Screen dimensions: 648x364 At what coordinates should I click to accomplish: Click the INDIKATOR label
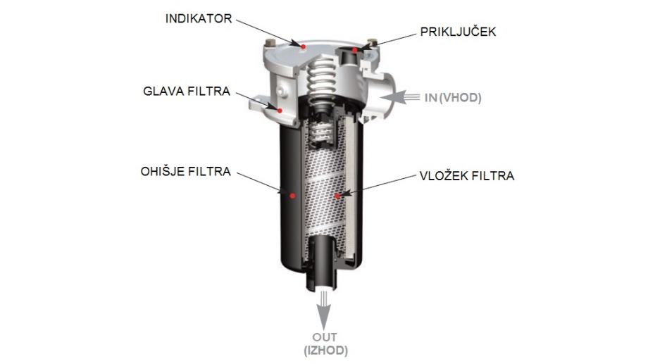(199, 18)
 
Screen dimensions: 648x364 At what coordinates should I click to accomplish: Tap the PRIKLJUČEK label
(458, 32)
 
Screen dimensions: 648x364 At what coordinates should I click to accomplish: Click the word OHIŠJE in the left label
(161, 171)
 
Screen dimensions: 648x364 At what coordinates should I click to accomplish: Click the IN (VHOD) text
(453, 98)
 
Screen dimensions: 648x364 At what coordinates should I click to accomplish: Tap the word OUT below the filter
(325, 337)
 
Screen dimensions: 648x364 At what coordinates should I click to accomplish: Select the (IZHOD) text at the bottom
(325, 351)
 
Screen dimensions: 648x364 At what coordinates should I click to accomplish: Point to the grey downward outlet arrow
(324, 310)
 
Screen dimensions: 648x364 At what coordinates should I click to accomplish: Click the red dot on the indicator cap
(304, 46)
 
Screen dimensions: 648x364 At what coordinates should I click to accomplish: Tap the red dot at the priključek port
(354, 50)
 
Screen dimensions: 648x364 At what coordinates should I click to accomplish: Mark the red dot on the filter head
(280, 111)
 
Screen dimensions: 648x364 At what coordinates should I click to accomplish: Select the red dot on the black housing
(292, 196)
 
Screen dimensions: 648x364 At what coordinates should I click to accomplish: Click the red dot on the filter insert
(337, 196)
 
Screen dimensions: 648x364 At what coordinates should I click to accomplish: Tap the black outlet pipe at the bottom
(323, 265)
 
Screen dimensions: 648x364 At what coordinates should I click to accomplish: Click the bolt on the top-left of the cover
(270, 42)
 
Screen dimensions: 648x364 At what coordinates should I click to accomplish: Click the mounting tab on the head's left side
(261, 103)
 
